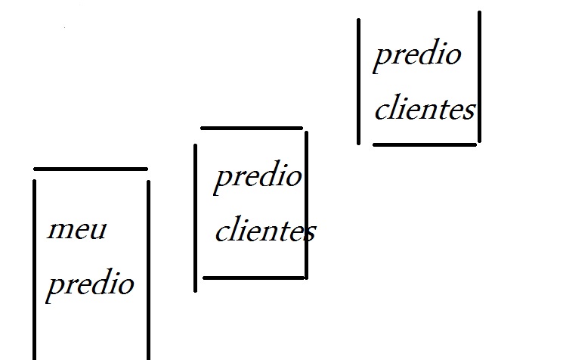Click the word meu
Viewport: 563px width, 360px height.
(x=76, y=230)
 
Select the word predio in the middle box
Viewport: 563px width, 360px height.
(x=258, y=178)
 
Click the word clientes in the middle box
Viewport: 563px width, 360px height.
(x=264, y=231)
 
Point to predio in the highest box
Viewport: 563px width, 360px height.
(x=416, y=55)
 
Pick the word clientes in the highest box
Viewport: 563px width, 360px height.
(x=424, y=110)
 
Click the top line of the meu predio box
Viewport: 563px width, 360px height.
(x=91, y=169)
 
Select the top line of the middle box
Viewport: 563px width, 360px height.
(x=252, y=128)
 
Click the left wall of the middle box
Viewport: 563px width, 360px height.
(x=196, y=217)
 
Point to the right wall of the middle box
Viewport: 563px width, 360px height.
(x=306, y=204)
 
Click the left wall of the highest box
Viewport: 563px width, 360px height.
(x=359, y=81)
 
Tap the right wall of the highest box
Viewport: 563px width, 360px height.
(x=479, y=76)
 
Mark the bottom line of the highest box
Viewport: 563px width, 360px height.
(x=425, y=144)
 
